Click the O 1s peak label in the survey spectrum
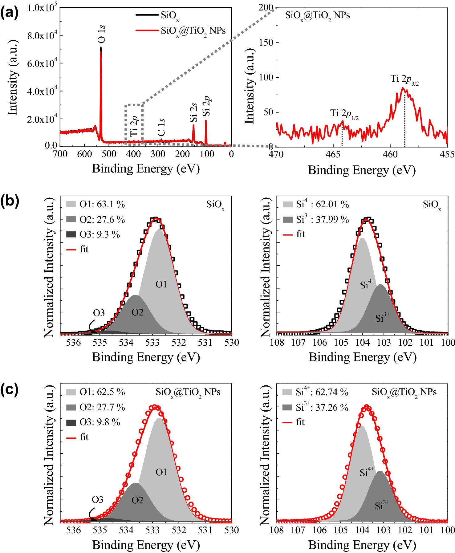(x=101, y=34)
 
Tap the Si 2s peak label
(x=193, y=113)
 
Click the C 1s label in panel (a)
(x=161, y=127)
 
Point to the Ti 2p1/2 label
(x=344, y=114)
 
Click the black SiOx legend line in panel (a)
(x=147, y=14)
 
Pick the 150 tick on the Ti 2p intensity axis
(x=266, y=43)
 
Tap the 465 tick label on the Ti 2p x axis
(x=333, y=154)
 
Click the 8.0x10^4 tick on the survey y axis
(x=42, y=35)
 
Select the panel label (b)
(x=10, y=201)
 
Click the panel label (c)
(x=10, y=389)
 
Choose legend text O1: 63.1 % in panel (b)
(x=102, y=204)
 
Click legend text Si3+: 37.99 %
(x=322, y=219)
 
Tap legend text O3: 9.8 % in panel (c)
(x=100, y=422)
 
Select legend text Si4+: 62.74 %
(x=322, y=392)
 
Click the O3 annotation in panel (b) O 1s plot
(x=99, y=313)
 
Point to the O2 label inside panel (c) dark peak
(x=137, y=500)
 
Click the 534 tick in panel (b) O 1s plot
(x=126, y=342)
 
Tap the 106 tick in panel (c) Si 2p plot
(x=319, y=530)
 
